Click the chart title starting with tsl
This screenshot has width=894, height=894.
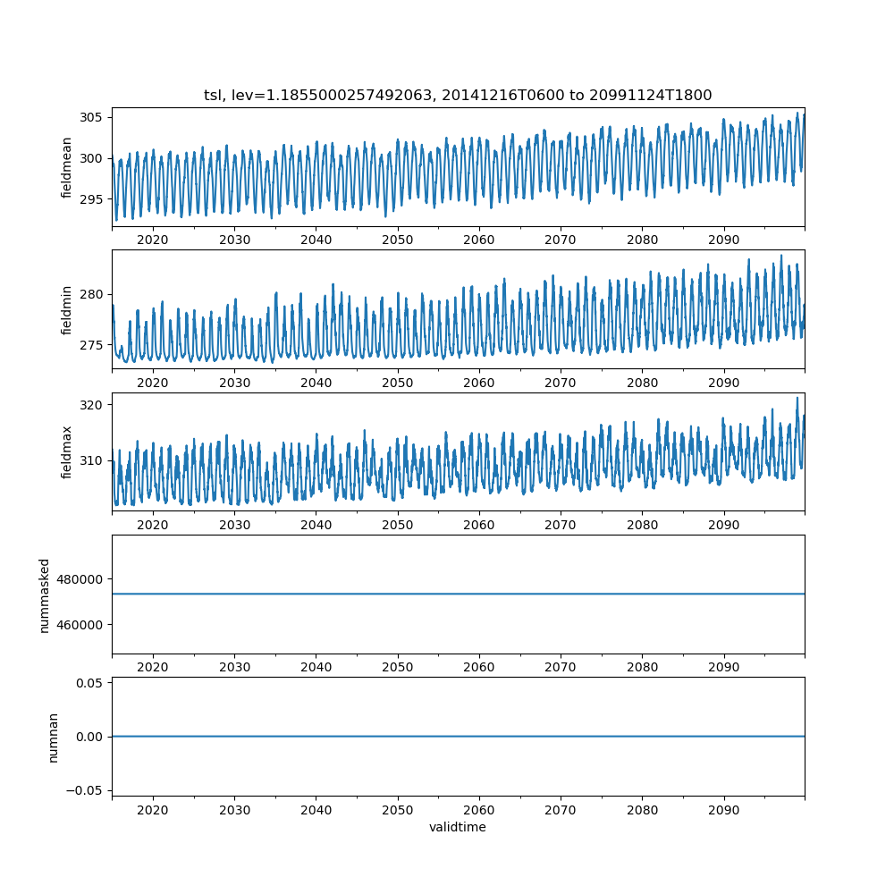point(458,96)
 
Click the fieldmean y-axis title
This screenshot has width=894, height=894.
point(67,167)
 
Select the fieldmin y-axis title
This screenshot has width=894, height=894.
point(67,309)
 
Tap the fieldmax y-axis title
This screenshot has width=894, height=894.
point(67,451)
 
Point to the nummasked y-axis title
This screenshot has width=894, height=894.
point(44,595)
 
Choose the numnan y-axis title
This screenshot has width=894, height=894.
point(54,737)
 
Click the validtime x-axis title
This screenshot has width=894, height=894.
point(458,827)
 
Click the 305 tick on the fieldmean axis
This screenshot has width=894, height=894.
point(93,117)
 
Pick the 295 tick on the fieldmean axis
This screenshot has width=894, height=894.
point(93,199)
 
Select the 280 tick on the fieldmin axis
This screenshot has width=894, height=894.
point(93,294)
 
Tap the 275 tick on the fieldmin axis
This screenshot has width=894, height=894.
point(93,345)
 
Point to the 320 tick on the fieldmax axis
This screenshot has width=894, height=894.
point(93,404)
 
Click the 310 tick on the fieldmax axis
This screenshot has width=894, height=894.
point(93,460)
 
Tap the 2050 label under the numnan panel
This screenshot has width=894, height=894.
point(398,810)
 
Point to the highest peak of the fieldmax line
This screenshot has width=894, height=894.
point(797,398)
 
